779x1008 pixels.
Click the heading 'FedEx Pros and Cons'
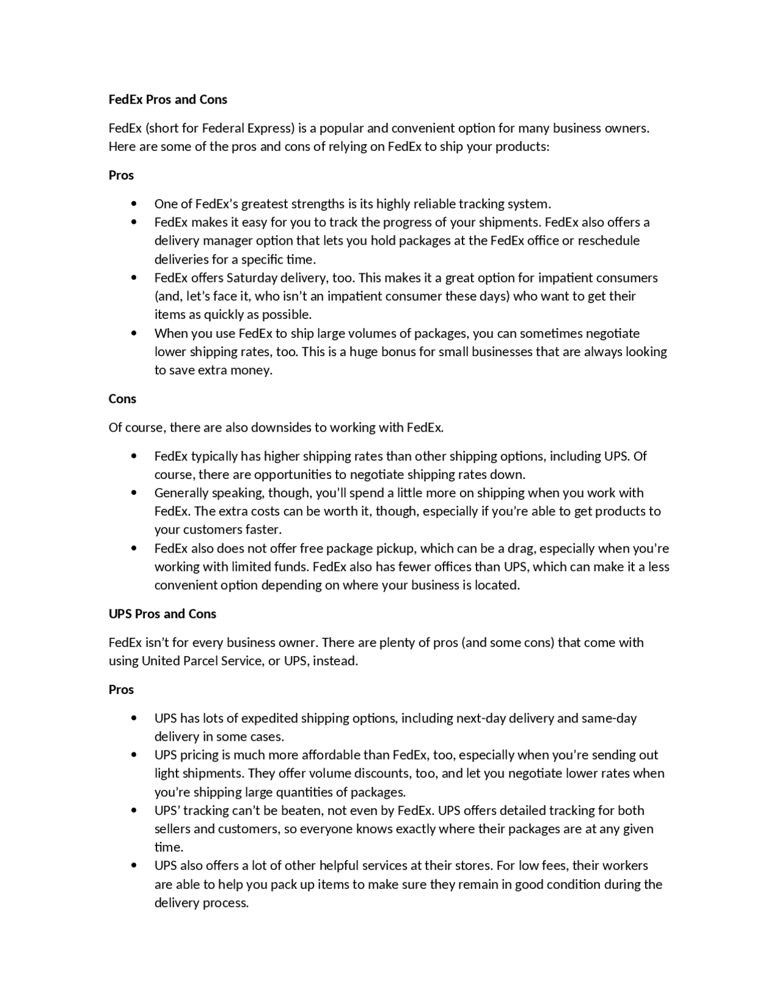[x=167, y=99]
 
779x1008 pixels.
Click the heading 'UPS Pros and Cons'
[x=162, y=614]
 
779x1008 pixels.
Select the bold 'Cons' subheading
[x=122, y=399]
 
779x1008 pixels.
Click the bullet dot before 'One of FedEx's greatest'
[x=134, y=204]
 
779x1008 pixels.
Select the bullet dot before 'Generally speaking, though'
[x=134, y=493]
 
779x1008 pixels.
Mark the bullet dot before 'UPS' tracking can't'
[x=134, y=811]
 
